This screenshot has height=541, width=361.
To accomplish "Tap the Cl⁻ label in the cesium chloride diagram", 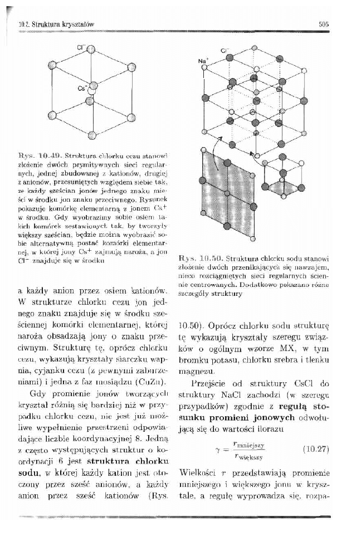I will [x=80, y=47].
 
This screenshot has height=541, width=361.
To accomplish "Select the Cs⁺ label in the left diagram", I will [x=82, y=87].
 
